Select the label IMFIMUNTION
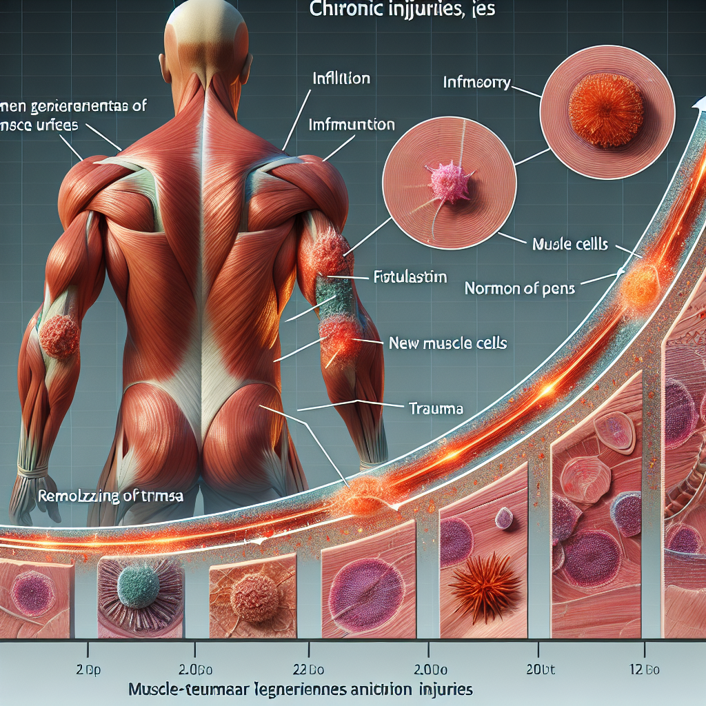(x=352, y=125)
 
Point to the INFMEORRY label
(x=476, y=83)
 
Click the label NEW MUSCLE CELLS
(x=448, y=343)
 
